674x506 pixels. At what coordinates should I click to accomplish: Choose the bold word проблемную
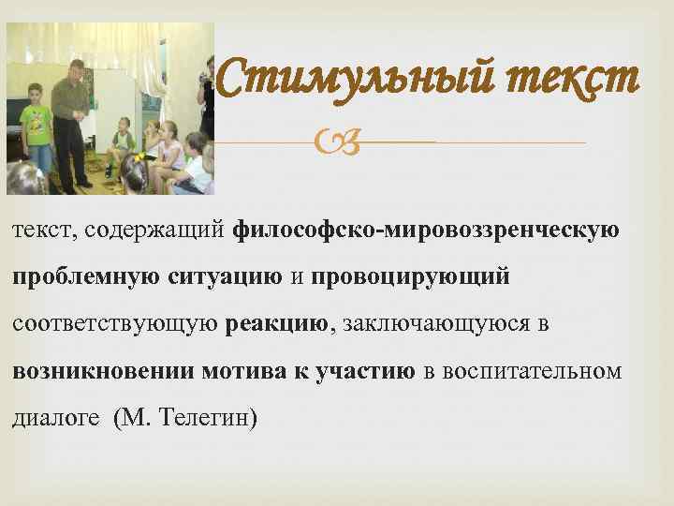pos(86,278)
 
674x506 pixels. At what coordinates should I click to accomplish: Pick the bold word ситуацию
pos(226,278)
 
